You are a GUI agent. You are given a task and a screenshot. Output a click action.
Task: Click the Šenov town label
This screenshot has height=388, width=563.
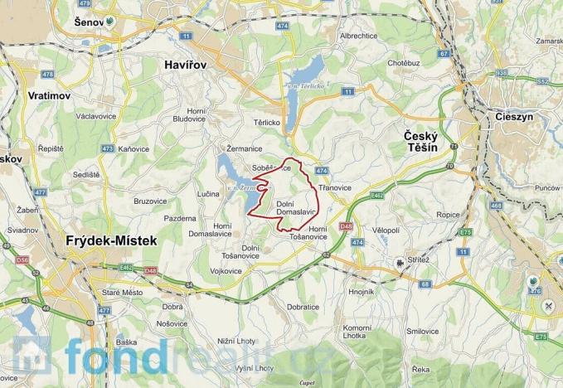click(x=86, y=22)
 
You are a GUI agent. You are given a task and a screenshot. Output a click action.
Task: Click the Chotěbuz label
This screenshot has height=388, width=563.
click(x=403, y=62)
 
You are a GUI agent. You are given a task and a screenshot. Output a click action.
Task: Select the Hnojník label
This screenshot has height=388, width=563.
click(x=362, y=292)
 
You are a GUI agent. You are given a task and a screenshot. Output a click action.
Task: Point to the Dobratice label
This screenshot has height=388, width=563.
click(x=303, y=307)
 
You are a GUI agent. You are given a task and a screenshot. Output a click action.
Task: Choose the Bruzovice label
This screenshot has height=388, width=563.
click(x=150, y=201)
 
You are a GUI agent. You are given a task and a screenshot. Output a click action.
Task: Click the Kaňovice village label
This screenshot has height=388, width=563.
click(x=133, y=149)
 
